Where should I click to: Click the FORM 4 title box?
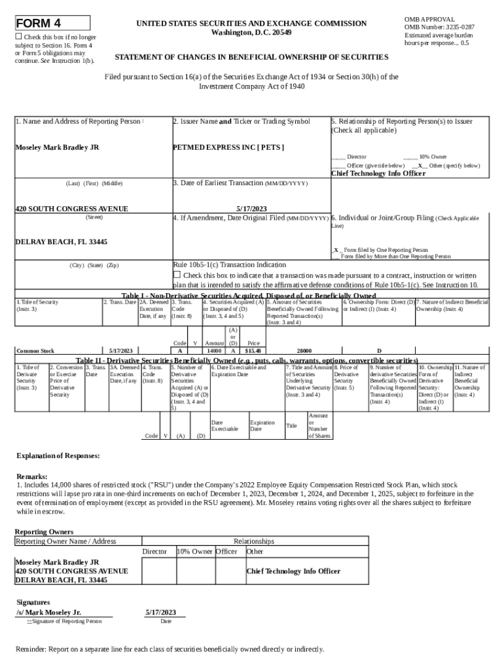tap(52, 24)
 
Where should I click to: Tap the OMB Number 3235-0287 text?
tap(439, 27)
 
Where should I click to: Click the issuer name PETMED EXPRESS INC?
tap(228, 147)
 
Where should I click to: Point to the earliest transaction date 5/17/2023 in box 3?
tap(251, 209)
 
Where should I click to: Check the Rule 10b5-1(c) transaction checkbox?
tap(176, 275)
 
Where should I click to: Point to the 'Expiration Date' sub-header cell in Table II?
tap(262, 426)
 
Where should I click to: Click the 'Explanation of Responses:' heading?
tap(58, 455)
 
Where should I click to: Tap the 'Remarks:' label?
tap(31, 477)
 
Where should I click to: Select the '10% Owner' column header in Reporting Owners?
tap(195, 552)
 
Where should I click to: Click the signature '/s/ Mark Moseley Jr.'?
tap(49, 612)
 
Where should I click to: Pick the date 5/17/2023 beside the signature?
tap(160, 612)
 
